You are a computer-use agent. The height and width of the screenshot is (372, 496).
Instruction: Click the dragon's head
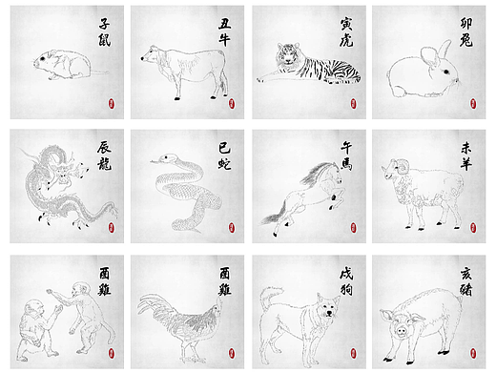point(62,173)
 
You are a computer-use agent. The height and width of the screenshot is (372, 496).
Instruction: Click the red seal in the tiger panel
point(352,102)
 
